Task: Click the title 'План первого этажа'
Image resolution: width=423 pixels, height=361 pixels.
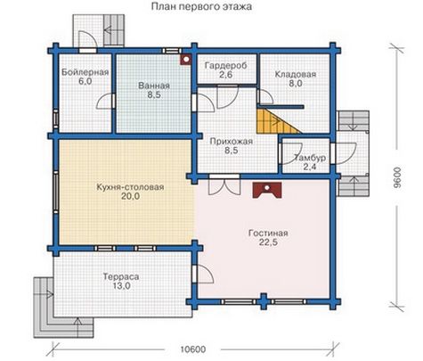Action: point(201,6)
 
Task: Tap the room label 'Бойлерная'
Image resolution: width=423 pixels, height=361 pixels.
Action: point(85,72)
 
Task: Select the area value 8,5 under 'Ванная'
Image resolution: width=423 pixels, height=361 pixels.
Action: point(154,95)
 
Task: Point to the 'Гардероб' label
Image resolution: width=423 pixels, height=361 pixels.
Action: point(226,65)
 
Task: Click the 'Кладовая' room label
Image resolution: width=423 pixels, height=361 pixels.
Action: point(296,74)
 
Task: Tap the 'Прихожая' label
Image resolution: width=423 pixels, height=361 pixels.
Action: point(232,141)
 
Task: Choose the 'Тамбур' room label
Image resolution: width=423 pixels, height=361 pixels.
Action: point(310,158)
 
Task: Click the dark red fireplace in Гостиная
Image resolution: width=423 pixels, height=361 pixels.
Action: point(267,190)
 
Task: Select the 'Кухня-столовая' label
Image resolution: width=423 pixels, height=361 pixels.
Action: point(130,187)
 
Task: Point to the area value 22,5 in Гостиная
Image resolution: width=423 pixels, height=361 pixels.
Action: point(268,242)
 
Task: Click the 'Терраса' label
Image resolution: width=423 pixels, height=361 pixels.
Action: point(121,277)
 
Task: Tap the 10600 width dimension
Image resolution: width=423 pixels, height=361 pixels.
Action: point(193,349)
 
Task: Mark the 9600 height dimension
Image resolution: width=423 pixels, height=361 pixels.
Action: point(397,177)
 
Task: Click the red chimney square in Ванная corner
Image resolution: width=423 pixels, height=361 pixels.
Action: point(186,60)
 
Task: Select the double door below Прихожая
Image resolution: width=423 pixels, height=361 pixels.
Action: point(224,185)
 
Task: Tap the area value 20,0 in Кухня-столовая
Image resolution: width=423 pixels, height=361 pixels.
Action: point(130,196)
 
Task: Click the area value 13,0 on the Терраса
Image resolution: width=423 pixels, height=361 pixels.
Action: point(121,286)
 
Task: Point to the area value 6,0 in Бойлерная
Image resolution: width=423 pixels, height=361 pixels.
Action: point(85,81)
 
